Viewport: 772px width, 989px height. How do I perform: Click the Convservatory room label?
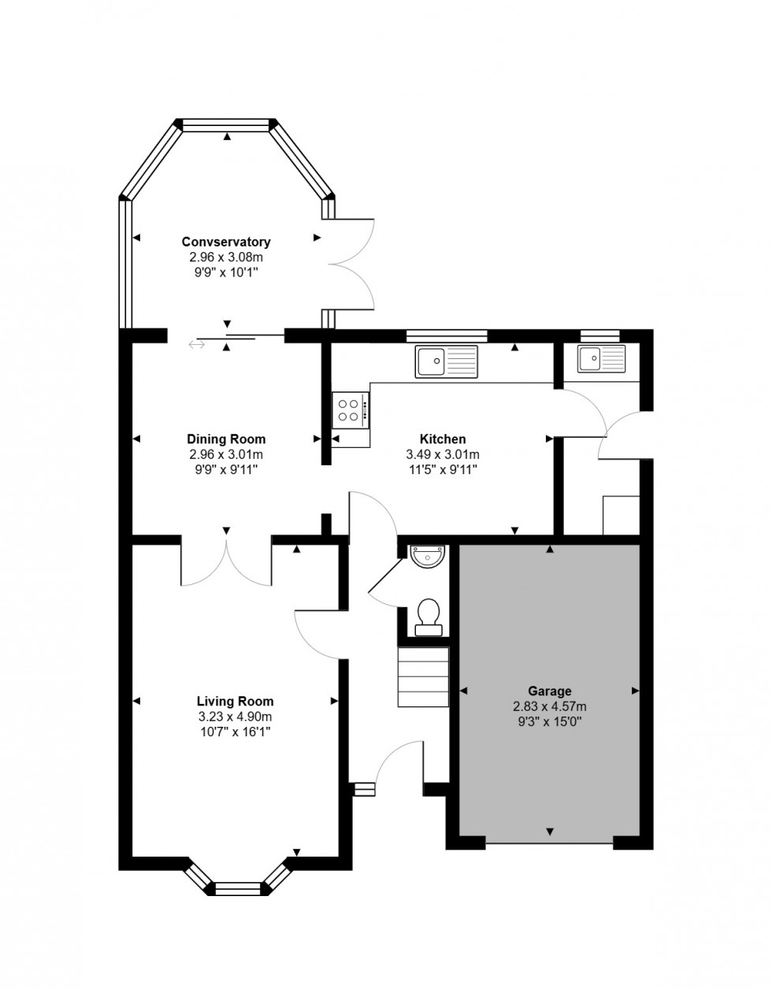(226, 242)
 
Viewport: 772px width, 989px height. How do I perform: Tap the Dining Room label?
(226, 439)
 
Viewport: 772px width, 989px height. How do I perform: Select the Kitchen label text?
(442, 439)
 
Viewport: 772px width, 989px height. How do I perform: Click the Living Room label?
(235, 701)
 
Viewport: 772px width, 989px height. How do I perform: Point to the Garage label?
(550, 691)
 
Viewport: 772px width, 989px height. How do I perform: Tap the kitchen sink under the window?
(446, 361)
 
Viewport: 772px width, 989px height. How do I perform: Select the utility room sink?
(601, 358)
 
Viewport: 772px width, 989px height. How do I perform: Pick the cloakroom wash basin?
(428, 556)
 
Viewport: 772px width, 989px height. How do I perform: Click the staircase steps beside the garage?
(423, 677)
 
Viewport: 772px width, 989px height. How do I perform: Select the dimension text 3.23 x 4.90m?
(235, 717)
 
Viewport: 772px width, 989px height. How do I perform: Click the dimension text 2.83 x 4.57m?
(550, 706)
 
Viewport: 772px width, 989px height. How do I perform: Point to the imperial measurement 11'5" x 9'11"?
(442, 469)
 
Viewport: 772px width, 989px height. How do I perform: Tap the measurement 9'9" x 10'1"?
(226, 272)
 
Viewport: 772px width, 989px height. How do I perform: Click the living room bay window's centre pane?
(239, 889)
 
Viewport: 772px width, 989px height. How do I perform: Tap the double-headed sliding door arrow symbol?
(196, 343)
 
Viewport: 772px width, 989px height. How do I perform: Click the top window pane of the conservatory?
(227, 124)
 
